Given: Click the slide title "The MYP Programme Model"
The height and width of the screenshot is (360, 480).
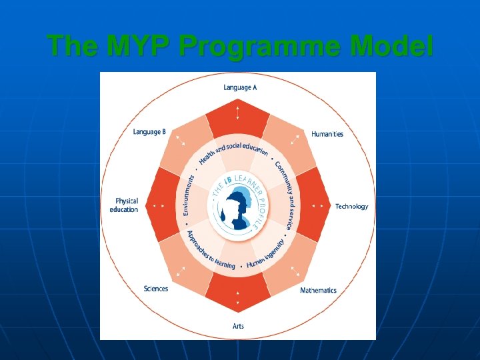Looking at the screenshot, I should (240, 47).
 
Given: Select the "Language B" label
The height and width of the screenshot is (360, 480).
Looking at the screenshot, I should (149, 132).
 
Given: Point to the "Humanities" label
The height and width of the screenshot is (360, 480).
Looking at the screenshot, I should (327, 134).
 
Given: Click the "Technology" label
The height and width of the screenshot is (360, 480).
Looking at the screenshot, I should (351, 207).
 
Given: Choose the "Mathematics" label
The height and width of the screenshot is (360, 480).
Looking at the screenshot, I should (318, 291).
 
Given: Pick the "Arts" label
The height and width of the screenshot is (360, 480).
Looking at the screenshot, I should (238, 326).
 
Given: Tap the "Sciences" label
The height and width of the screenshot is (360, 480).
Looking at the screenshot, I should (156, 289).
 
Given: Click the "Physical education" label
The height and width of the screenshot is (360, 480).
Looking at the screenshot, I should (124, 205).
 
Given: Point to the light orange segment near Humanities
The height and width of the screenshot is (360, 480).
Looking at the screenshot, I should (291, 143).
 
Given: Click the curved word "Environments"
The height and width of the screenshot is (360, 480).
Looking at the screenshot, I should (189, 195).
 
